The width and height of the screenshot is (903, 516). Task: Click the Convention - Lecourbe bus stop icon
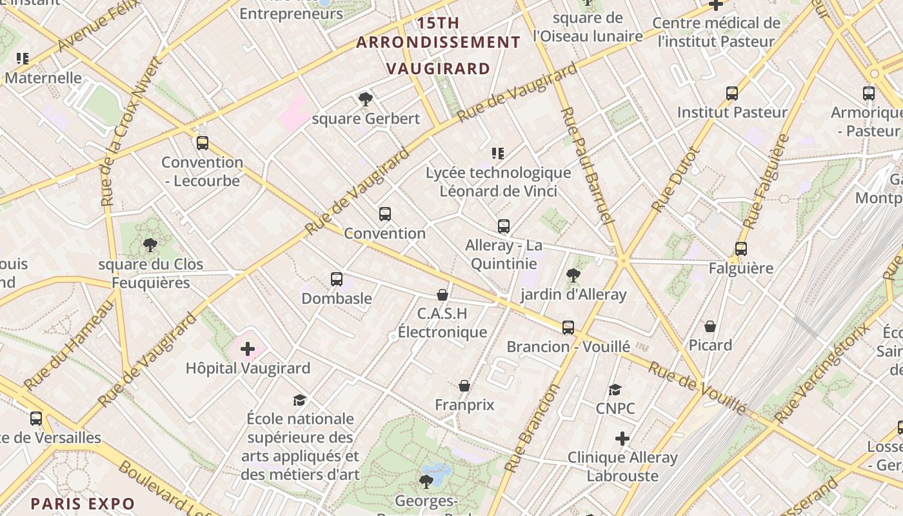[203, 143]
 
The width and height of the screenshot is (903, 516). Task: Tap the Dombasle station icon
[337, 279]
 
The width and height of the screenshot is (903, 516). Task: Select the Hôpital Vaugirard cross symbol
[248, 349]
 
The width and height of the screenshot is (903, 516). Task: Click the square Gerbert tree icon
[366, 99]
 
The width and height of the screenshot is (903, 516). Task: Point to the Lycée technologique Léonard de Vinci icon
[498, 154]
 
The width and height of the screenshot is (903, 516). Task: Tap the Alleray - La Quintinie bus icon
[504, 226]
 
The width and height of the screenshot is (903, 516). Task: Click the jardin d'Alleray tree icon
[573, 275]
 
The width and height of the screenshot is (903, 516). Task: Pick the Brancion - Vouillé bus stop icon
[568, 328]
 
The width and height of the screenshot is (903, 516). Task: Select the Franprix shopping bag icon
[464, 386]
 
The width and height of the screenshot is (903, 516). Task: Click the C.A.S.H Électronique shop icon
[442, 295]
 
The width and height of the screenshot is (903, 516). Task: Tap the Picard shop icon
[710, 326]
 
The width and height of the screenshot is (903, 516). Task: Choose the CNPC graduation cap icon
[615, 390]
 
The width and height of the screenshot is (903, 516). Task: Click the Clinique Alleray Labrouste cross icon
[622, 439]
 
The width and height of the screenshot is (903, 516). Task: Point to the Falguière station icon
[741, 249]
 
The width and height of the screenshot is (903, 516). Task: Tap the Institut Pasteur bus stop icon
[732, 94]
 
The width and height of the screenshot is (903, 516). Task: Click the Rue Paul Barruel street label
[586, 165]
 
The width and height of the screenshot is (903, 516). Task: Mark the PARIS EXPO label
[83, 504]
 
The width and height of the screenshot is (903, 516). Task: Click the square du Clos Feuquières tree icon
[150, 245]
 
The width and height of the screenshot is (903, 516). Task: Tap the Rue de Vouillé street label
[697, 388]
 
